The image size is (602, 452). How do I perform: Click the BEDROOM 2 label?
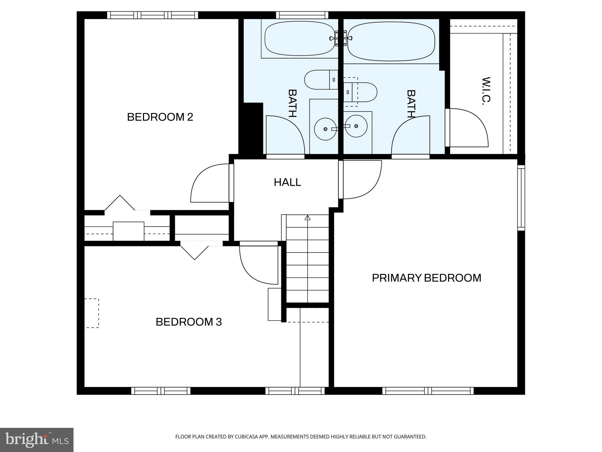click(x=160, y=117)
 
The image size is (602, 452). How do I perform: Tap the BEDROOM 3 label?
click(x=188, y=322)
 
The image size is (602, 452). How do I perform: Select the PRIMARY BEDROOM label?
click(x=426, y=278)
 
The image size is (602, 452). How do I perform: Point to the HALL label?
click(x=287, y=182)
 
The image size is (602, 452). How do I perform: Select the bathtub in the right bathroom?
click(x=391, y=41)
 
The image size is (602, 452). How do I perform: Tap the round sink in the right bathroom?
click(x=356, y=126)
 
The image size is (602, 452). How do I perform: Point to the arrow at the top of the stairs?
click(x=307, y=218)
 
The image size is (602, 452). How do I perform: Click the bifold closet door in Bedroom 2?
click(x=120, y=203)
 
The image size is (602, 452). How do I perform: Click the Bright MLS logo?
click(x=36, y=440)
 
